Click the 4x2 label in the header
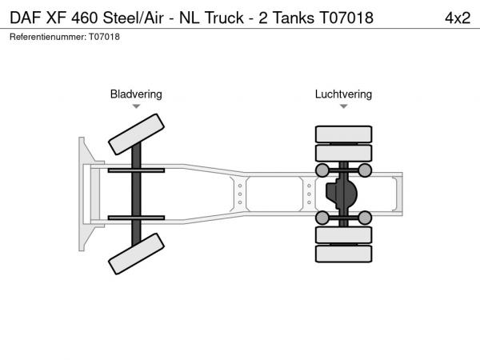458,18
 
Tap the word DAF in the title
25,18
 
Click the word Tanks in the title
294,18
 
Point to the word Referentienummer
48,37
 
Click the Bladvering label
136,94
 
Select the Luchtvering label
343,94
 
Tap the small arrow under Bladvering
136,106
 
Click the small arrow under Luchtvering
343,106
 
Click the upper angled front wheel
136,134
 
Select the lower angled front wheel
136,254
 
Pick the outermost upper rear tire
343,134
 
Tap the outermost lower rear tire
343,254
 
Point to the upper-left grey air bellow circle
322,170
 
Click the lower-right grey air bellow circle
365,218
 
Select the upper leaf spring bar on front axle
136,170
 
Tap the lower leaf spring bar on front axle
136,218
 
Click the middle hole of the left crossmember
240,194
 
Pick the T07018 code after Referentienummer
104,37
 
